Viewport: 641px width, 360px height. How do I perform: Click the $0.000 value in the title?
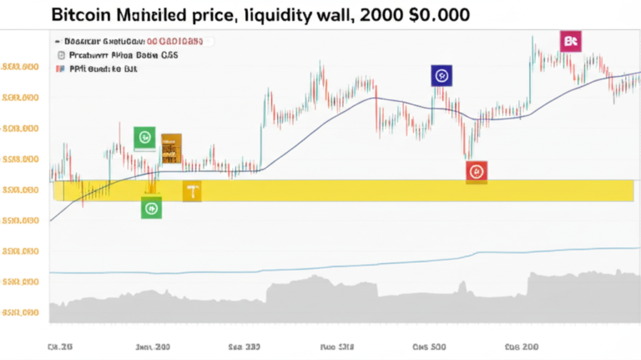442,14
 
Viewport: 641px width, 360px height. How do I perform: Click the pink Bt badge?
571,41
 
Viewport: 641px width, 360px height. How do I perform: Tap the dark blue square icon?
441,76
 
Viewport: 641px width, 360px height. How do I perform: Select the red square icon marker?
477,171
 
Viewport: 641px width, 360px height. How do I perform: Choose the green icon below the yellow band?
151,207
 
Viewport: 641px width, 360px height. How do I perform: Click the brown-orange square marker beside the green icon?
171,147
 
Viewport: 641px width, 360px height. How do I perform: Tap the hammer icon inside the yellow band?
192,192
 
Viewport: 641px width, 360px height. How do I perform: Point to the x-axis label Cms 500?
430,344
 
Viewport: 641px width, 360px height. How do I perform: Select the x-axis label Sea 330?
244,344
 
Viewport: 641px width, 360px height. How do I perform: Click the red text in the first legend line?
179,40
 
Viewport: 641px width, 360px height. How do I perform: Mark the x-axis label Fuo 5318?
337,344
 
